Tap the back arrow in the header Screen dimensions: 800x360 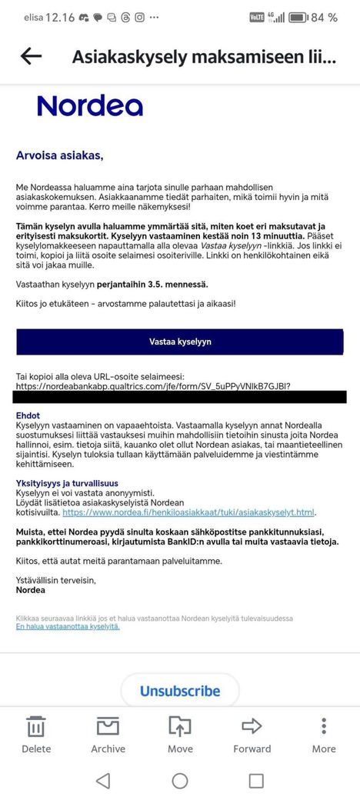(31, 56)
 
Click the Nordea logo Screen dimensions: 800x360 (90, 105)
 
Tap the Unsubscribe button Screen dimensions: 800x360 (179, 691)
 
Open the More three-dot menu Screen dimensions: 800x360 (324, 728)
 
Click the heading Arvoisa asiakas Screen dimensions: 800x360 (59, 155)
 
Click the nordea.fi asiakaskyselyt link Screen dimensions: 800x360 (188, 512)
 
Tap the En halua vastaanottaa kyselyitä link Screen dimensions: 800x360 (68, 626)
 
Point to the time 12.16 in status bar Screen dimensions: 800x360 (59, 17)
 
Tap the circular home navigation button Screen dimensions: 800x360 (180, 781)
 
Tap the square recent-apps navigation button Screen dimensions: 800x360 (256, 781)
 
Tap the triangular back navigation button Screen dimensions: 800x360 (103, 781)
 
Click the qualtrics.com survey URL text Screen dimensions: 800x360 (153, 385)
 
